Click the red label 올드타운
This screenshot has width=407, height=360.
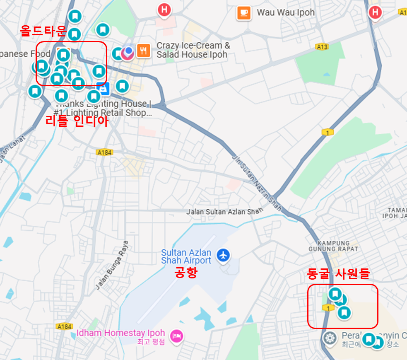pyautogui.click(x=43, y=31)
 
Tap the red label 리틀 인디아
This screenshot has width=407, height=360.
pyautogui.click(x=77, y=121)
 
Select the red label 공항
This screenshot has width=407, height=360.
pyautogui.click(x=186, y=273)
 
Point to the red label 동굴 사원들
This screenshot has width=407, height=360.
pyautogui.click(x=338, y=273)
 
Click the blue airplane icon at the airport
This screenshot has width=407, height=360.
pyautogui.click(x=224, y=255)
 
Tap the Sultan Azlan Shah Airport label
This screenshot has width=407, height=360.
pyautogui.click(x=186, y=256)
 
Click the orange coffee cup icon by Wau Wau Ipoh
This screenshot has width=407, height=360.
pyautogui.click(x=244, y=13)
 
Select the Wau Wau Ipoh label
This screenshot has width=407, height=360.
pyautogui.click(x=286, y=12)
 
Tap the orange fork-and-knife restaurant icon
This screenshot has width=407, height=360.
pyautogui.click(x=143, y=51)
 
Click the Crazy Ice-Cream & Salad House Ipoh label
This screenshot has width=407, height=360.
pyautogui.click(x=193, y=50)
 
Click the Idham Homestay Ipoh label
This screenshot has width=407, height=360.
pyautogui.click(x=120, y=333)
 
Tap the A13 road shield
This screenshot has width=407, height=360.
pyautogui.click(x=322, y=47)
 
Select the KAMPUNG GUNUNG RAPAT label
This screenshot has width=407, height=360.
pyautogui.click(x=334, y=246)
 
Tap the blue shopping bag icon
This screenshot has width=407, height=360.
pyautogui.click(x=102, y=88)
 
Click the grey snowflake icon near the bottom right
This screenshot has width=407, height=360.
pyautogui.click(x=330, y=338)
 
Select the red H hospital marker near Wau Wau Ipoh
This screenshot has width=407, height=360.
pyautogui.click(x=164, y=10)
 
